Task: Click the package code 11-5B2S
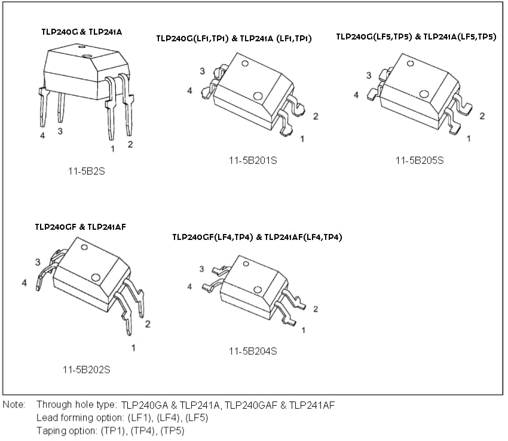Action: tap(86, 171)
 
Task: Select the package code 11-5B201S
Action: tap(253, 160)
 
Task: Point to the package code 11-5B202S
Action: tap(86, 369)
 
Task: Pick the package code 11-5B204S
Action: tap(253, 351)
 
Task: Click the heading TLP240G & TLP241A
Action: tap(81, 31)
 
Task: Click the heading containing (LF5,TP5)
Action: tap(416, 37)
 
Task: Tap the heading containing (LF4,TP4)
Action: tap(257, 237)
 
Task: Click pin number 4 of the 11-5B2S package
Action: tap(42, 136)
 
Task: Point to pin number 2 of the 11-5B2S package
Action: tap(130, 144)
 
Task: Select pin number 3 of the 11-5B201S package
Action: tap(202, 71)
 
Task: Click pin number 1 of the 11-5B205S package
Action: tap(468, 139)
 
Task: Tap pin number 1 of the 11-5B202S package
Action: tap(133, 347)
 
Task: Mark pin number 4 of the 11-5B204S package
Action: tap(190, 287)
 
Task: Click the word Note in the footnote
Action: tap(14, 405)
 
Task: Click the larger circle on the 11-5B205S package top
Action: tap(424, 94)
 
